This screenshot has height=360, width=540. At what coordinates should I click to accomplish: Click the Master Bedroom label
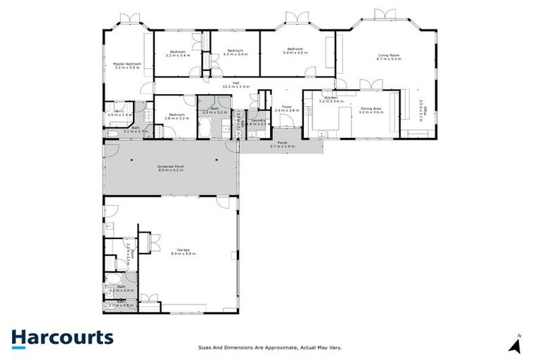click(127, 64)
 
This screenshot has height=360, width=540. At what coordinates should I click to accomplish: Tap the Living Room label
click(388, 56)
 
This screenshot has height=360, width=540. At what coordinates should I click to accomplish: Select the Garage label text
click(183, 250)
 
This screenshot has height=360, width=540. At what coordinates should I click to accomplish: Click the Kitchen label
click(331, 98)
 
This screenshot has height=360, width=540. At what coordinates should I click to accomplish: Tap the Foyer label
click(286, 107)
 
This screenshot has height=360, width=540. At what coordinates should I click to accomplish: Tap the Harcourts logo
click(62, 337)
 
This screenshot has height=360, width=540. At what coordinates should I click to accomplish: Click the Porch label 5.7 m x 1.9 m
click(283, 146)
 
